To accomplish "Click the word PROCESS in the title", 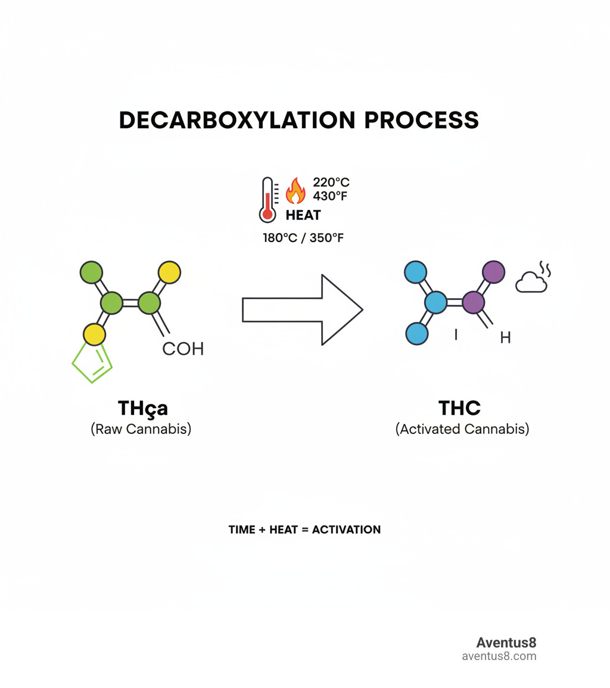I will (421, 120).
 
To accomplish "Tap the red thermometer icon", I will (267, 200).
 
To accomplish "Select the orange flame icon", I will (295, 191).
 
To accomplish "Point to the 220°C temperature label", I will (331, 182).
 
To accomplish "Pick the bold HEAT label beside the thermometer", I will (303, 215).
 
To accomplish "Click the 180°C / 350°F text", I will (304, 237).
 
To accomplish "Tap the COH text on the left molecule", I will (183, 349).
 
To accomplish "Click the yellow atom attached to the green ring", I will (93, 335).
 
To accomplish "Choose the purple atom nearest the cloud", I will (493, 272).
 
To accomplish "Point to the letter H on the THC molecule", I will (505, 338).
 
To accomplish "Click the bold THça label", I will (143, 408).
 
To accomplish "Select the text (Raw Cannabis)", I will (141, 429).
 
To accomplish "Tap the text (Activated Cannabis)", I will (462, 429).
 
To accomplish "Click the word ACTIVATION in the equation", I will (346, 529).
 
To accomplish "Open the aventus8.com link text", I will (499, 656).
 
